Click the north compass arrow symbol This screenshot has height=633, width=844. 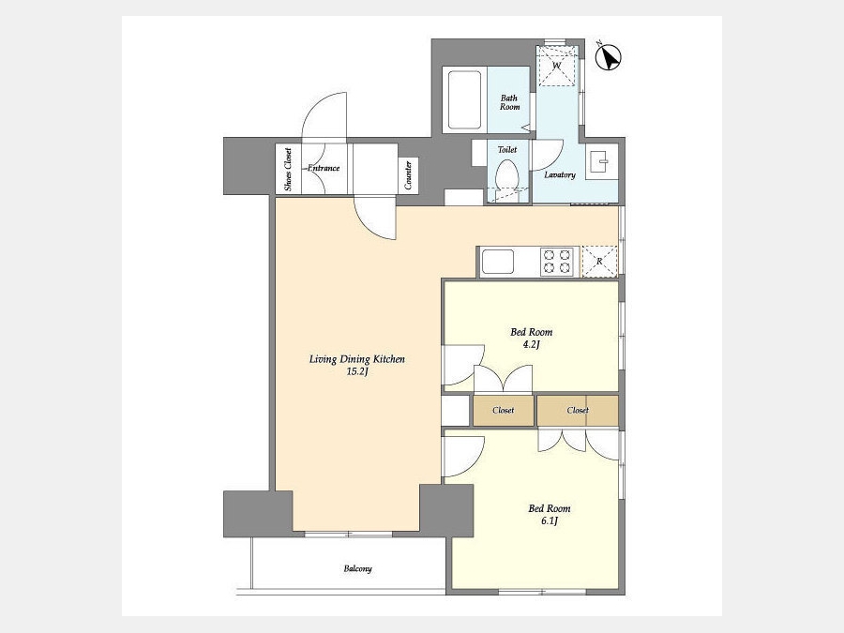click(609, 57)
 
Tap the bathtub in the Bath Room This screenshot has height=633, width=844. click(464, 99)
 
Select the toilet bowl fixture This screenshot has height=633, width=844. click(506, 182)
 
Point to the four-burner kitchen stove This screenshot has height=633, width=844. click(557, 262)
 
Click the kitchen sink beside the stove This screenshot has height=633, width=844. click(498, 262)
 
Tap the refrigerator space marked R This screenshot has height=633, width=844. click(599, 262)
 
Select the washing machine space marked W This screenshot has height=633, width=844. click(557, 66)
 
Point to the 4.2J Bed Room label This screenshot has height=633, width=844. click(532, 338)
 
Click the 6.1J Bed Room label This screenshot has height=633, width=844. click(549, 514)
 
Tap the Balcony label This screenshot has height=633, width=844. click(358, 568)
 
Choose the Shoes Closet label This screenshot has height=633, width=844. click(288, 169)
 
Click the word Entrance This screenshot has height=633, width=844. click(324, 168)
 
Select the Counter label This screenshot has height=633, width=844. click(408, 175)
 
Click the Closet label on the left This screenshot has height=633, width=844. click(504, 410)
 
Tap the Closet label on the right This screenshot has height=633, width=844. click(578, 410)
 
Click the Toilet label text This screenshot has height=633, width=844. click(507, 150)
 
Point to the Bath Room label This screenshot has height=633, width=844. click(510, 102)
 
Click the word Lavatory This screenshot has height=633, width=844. click(560, 175)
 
